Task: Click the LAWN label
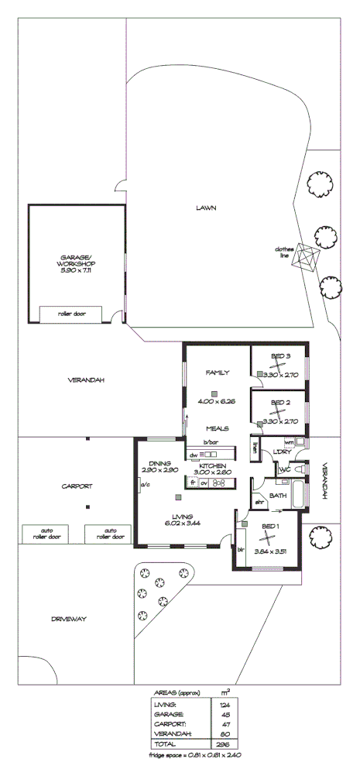(x=205, y=208)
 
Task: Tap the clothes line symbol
(x=307, y=258)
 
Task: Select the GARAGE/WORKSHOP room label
(x=77, y=263)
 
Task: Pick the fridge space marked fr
(x=192, y=482)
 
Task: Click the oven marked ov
(x=204, y=482)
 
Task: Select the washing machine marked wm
(x=289, y=443)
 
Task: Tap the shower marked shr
(x=259, y=502)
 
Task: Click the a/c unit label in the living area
(x=144, y=486)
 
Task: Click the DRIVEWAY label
(x=68, y=620)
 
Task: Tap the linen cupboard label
(x=254, y=449)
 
